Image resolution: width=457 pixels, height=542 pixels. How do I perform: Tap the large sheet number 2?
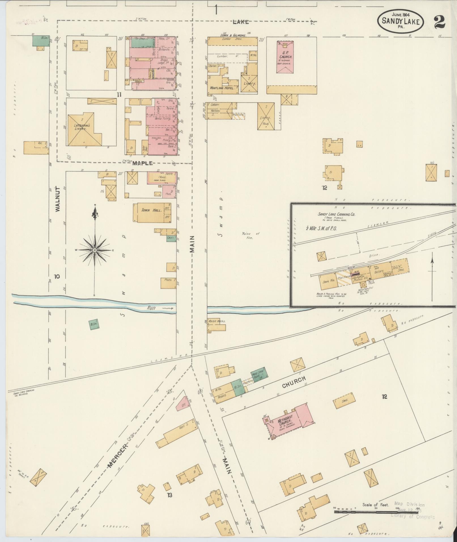(x=439, y=22)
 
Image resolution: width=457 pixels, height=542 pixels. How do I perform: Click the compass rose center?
(x=95, y=250)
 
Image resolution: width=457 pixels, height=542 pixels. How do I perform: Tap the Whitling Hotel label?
(x=222, y=88)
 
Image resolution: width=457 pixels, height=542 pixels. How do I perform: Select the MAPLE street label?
(x=143, y=163)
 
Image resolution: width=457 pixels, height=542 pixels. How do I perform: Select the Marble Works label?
(x=217, y=321)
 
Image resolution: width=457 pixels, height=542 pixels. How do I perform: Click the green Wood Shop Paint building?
(x=258, y=375)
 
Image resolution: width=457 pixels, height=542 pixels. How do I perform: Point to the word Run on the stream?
(x=151, y=307)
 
